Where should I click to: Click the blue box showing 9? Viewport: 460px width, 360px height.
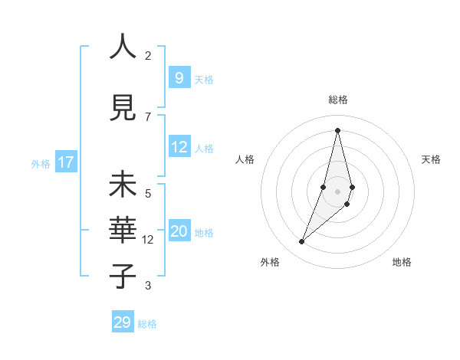coord(179,78)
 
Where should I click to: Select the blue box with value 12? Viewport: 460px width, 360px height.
coord(179,147)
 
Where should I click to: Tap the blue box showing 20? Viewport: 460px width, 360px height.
coord(179,231)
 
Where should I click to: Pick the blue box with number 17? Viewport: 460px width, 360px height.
coord(65,162)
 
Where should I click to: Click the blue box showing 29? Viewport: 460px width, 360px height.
coord(123,322)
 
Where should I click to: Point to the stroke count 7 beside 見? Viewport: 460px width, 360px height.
coord(148,116)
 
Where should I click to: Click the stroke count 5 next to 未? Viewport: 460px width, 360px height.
coord(148,193)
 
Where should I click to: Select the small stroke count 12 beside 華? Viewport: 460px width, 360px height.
coord(148,240)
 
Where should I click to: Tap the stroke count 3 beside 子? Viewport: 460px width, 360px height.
coord(148,286)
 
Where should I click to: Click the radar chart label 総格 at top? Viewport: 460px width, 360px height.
coord(337,100)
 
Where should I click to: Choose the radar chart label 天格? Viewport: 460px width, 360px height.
coord(431,159)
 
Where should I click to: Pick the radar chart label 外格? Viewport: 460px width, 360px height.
coord(270,262)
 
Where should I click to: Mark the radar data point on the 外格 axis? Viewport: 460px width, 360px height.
coord(301,242)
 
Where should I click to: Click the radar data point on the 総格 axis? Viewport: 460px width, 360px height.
coord(337,130)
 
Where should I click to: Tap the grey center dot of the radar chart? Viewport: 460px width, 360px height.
coord(337,191)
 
